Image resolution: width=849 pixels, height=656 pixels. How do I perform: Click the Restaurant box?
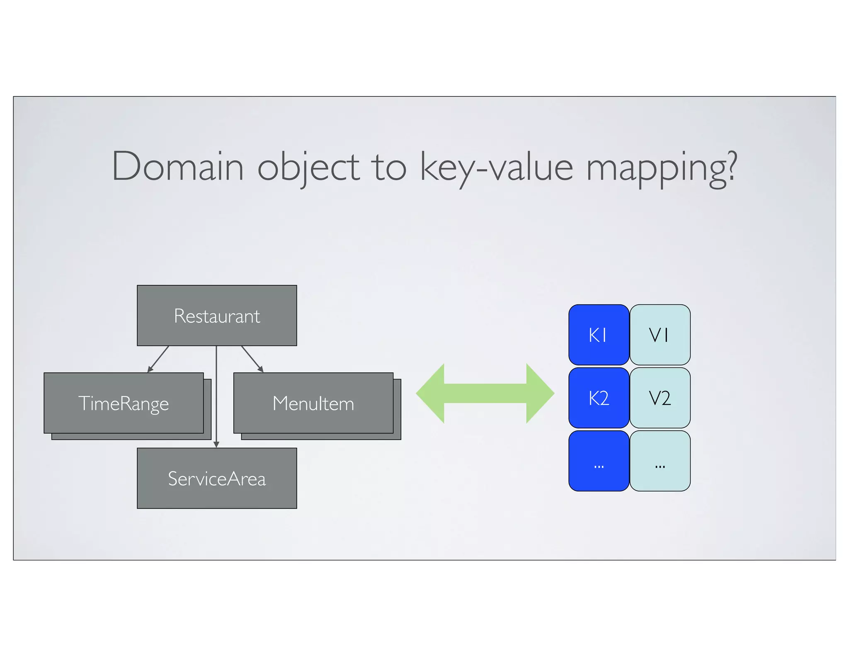217,316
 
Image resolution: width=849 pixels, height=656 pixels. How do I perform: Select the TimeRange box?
124,403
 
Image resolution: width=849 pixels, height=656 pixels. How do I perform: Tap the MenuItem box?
313,403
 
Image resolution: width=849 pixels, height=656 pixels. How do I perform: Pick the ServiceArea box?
217,478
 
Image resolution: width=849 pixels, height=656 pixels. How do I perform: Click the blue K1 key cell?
599,335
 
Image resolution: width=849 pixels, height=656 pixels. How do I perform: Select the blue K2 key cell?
599,398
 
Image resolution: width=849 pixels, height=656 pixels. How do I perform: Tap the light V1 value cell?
660,335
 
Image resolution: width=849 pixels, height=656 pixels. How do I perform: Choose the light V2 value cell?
660,398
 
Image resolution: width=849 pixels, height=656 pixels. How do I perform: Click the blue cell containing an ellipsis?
599,461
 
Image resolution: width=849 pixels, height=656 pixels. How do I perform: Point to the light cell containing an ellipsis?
660,461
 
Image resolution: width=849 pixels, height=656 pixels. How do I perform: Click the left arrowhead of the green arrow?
431,393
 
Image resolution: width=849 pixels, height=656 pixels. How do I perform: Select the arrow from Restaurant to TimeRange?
158,359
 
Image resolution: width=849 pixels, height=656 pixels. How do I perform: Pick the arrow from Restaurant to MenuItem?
252,359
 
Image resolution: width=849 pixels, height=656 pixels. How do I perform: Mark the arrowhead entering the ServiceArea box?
216,445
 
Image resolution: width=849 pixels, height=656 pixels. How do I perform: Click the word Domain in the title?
177,167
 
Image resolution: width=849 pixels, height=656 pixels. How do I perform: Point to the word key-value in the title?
496,167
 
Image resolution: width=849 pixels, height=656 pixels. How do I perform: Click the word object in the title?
308,167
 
